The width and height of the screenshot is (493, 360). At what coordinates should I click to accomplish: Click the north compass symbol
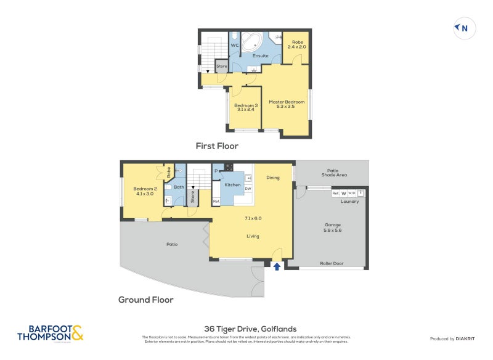pos(462,28)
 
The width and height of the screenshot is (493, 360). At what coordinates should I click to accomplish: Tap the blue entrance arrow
pos(277,266)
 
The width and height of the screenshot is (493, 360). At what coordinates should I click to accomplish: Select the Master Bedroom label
pos(287,105)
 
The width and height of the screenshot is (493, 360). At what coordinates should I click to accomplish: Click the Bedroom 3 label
pos(246,107)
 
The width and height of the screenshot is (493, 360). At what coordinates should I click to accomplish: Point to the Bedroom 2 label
pos(145,191)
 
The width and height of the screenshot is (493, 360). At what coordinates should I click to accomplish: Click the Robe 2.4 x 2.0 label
pos(297,44)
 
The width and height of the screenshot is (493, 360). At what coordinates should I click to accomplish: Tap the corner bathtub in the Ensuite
pos(251,42)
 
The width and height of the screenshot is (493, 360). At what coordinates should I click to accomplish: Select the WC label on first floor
pos(234,45)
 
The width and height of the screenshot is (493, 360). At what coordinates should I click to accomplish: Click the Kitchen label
pos(232,185)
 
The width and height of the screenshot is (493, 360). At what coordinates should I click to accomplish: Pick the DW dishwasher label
pos(248,189)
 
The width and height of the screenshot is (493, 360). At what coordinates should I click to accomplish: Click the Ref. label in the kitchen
pos(216,202)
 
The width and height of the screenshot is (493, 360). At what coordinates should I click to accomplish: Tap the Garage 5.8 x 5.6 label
pos(333,227)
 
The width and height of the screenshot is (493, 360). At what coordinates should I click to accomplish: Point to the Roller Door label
pos(332,263)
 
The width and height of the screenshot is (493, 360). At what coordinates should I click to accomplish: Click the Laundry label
pos(349,201)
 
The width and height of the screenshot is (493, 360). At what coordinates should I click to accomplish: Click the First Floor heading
pos(217,146)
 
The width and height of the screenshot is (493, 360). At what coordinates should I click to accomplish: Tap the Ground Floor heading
pos(145,300)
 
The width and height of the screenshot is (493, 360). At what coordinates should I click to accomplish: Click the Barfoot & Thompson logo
pos(50,333)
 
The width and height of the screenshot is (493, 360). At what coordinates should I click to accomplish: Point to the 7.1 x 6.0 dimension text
pos(253,218)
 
